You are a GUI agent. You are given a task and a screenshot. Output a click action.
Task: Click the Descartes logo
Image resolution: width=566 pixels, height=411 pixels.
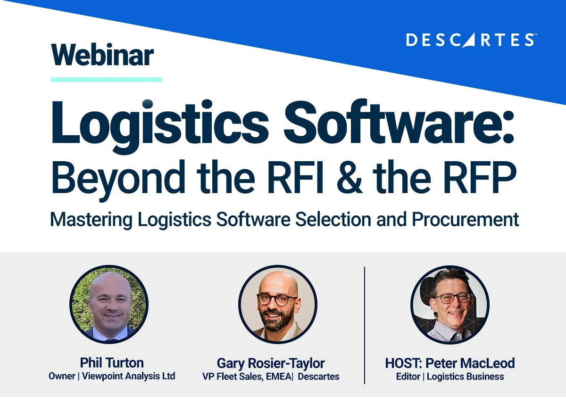click(x=470, y=40)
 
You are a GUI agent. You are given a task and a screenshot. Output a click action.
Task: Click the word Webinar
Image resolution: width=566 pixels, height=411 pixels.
click(x=102, y=55)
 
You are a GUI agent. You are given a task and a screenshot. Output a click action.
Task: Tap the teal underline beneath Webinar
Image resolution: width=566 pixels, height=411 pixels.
click(x=106, y=80)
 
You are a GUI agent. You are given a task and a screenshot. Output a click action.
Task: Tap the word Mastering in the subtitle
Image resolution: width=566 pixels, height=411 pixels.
click(x=91, y=220)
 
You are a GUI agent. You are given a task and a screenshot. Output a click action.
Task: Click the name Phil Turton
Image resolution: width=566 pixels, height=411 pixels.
click(x=112, y=362)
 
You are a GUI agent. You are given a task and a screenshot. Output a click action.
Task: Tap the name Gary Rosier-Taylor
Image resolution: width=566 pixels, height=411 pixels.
click(x=271, y=363)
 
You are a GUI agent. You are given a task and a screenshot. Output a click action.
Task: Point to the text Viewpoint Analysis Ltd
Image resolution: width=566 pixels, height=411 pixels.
click(x=129, y=376)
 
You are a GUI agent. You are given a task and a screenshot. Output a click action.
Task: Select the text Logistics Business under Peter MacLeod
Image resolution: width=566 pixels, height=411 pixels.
click(x=466, y=377)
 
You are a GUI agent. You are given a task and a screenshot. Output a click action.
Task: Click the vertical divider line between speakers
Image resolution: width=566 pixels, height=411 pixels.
click(x=365, y=325)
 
